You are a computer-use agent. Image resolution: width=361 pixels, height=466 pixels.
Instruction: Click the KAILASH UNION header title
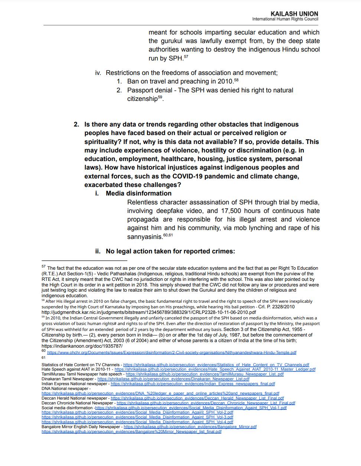click(294, 14)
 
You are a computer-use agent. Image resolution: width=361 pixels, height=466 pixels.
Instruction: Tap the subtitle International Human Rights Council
click(285, 19)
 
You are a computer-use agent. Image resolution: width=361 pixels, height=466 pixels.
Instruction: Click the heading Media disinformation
click(139, 193)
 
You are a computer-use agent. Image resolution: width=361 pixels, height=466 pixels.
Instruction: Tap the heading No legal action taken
click(170, 251)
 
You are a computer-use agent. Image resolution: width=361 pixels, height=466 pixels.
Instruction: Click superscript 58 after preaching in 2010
click(236, 80)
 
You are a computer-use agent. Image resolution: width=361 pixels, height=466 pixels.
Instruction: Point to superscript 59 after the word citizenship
click(160, 97)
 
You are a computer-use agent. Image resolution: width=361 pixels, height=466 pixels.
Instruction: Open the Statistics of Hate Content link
click(216, 365)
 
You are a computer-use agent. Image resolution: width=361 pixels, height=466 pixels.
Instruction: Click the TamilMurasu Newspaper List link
click(205, 374)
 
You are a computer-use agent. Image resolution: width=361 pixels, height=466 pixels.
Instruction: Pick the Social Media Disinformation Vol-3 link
click(137, 417)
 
